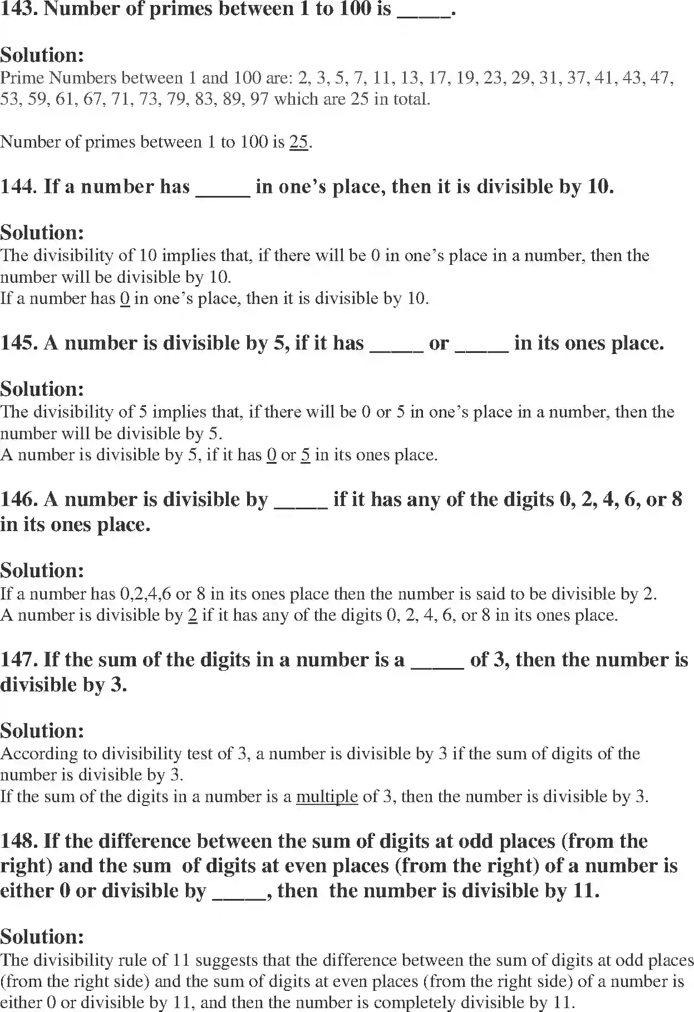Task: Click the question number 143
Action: tap(18, 9)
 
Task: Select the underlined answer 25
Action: tap(299, 142)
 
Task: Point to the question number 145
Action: tap(18, 343)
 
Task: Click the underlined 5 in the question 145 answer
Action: tap(306, 455)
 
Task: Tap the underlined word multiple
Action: tap(327, 797)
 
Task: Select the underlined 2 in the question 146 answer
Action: tap(193, 615)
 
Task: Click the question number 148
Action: tap(18, 841)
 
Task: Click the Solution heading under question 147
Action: tap(42, 730)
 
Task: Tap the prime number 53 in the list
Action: tap(9, 99)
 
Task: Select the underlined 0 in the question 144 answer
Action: tap(125, 298)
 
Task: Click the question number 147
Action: tap(18, 660)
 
